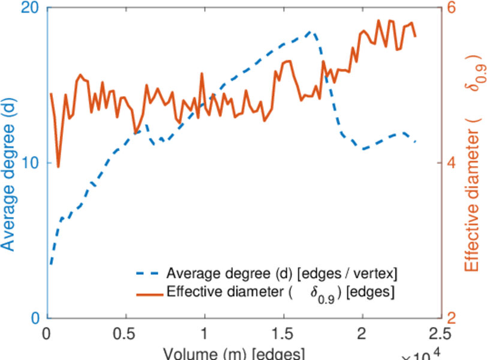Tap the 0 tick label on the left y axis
tap(34, 318)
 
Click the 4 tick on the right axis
tap(451, 163)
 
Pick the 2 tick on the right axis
tap(451, 318)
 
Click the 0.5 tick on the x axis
tap(125, 334)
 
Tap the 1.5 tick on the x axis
tap(283, 334)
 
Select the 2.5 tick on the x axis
tap(440, 334)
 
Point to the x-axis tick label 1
tap(205, 334)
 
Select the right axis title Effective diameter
tap(474, 168)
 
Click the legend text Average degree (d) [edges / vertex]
tap(282, 274)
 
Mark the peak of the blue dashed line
tap(310, 31)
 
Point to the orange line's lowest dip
tap(58, 167)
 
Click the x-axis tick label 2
tap(362, 334)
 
